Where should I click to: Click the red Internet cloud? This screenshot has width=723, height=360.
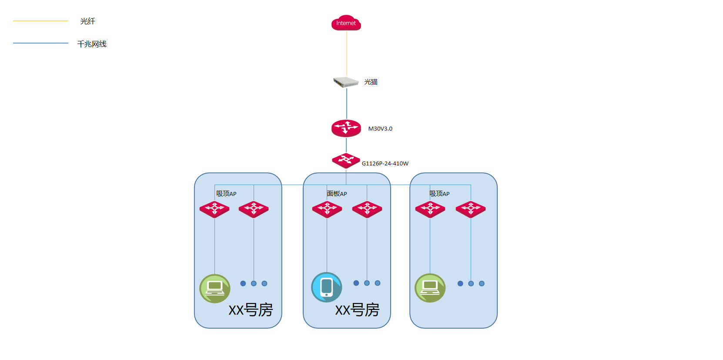[346, 23]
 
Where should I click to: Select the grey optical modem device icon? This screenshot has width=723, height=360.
[346, 82]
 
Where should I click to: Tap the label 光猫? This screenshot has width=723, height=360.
[371, 82]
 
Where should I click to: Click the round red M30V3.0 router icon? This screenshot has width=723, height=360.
[346, 128]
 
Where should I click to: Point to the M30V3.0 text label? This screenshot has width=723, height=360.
[380, 128]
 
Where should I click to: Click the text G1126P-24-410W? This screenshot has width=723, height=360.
[385, 163]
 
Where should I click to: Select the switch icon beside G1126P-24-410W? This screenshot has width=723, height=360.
[346, 161]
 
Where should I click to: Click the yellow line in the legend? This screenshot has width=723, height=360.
[40, 21]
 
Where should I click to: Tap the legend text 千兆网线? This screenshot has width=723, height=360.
[92, 44]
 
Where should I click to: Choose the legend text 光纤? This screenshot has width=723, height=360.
[88, 21]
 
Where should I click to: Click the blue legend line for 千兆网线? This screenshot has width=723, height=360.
[40, 43]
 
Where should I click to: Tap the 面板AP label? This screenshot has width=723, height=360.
[337, 194]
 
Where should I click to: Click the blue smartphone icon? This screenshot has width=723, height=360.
[327, 287]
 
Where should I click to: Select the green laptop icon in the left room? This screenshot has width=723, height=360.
[215, 289]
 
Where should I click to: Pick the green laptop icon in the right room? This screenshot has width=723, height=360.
[430, 288]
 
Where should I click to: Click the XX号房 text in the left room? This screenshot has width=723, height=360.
[251, 310]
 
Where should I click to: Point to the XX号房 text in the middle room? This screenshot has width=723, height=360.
[357, 310]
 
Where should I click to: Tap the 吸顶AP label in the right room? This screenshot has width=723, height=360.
[439, 194]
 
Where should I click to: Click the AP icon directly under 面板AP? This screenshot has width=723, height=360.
[327, 209]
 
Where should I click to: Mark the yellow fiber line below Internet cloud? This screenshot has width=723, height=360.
[347, 53]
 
